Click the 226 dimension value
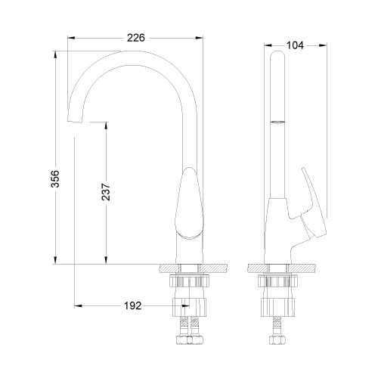(x=136, y=38)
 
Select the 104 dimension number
(x=295, y=45)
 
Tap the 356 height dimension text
(x=55, y=178)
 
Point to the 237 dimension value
(x=106, y=192)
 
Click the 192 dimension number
(x=132, y=306)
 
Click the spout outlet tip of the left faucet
(x=75, y=121)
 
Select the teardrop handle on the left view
(x=189, y=203)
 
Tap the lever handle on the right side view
(x=312, y=203)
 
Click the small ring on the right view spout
(x=277, y=122)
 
